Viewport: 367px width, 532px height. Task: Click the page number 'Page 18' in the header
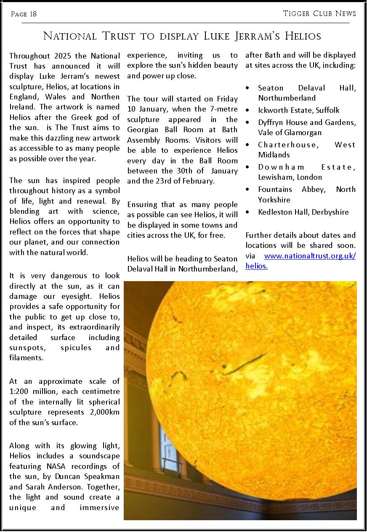click(24, 14)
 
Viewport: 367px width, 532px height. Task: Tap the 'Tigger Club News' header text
click(319, 13)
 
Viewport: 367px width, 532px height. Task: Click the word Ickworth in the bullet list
click(273, 110)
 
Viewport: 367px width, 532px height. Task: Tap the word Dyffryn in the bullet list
click(271, 122)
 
